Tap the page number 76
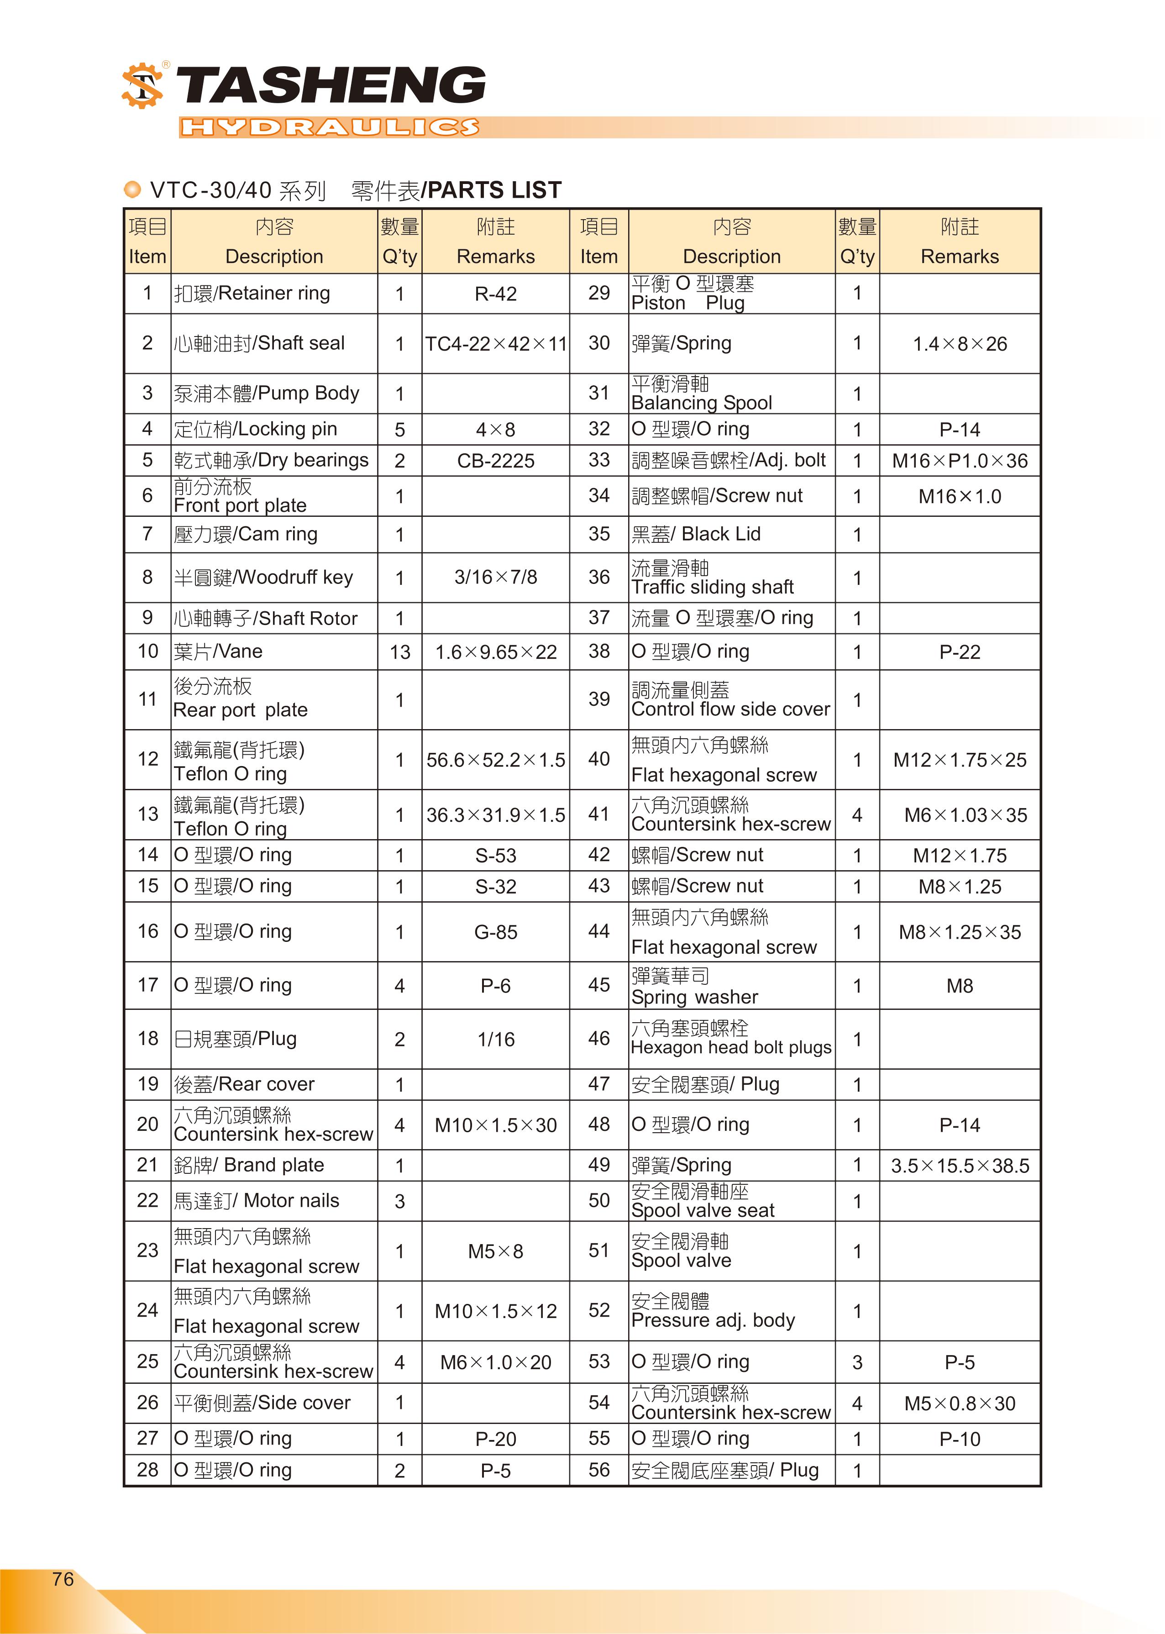[63, 1579]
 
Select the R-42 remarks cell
[496, 294]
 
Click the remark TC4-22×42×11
[496, 344]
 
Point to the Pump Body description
[266, 393]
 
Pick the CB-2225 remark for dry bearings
[496, 461]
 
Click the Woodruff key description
[263, 578]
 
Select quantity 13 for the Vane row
[399, 652]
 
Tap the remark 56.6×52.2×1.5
[496, 760]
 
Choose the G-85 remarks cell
[496, 932]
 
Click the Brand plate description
[249, 1165]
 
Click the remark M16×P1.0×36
[960, 461]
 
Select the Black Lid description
[696, 534]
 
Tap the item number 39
[599, 699]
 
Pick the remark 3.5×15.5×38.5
[960, 1166]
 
